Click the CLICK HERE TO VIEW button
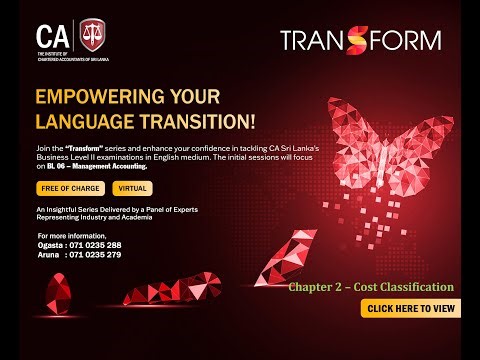(413, 309)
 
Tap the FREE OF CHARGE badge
(71, 188)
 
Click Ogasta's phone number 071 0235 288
(96, 245)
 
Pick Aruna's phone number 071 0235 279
(96, 255)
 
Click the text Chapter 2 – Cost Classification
(371, 287)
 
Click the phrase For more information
(69, 235)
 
